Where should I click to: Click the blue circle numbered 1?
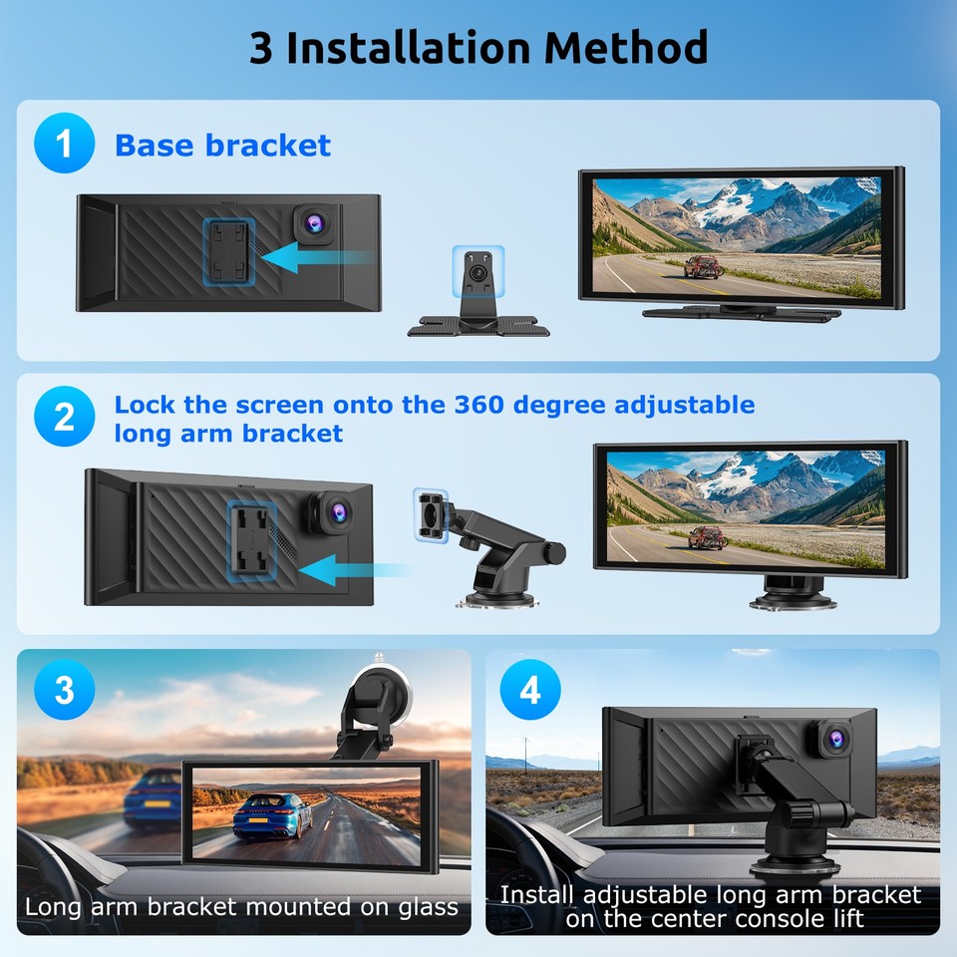(64, 145)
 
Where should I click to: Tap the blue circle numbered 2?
(64, 417)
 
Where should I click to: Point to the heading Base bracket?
(222, 146)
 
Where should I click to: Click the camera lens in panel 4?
(835, 739)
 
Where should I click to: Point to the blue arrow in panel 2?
(354, 570)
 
